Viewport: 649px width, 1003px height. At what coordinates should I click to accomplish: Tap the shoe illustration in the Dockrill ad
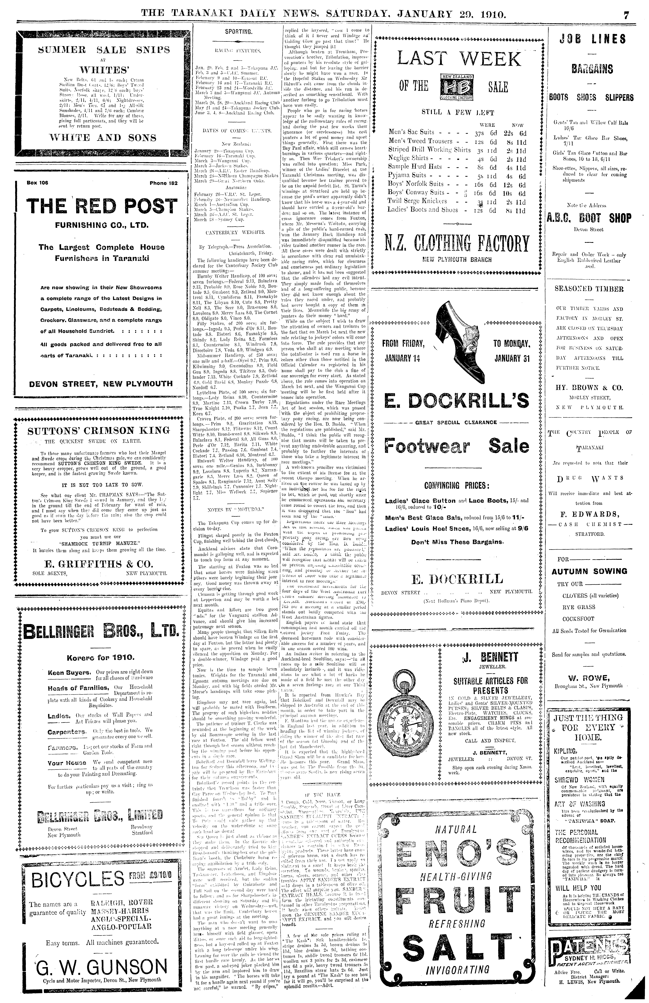(x=459, y=335)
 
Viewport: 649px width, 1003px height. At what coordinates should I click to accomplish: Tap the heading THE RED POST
(x=102, y=206)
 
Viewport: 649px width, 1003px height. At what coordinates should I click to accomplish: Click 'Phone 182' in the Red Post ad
(x=163, y=183)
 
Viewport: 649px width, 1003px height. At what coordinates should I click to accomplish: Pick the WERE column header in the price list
(x=488, y=125)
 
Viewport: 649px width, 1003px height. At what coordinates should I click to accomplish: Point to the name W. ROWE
(x=589, y=678)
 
